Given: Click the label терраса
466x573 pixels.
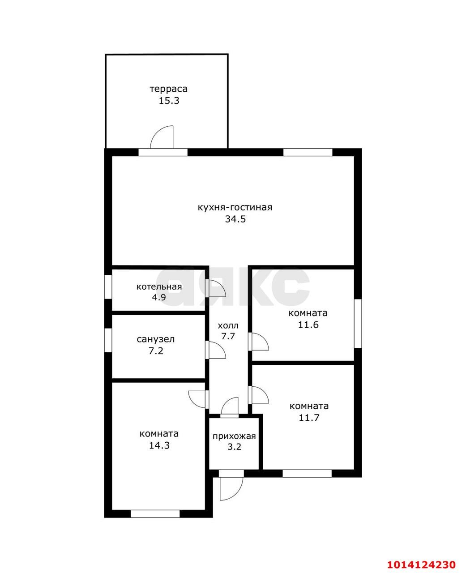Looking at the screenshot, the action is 168,89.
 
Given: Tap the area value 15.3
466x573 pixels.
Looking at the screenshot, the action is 169,101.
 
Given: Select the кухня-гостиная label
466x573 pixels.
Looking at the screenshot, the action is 235,207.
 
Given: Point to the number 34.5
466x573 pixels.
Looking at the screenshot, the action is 235,219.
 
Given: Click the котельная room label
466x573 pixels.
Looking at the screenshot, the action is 159,286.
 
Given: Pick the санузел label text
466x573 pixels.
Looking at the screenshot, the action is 155,339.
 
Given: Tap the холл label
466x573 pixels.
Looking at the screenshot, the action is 228,326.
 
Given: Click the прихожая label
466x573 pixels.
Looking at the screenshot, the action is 234,436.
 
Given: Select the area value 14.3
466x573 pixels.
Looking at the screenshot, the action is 159,445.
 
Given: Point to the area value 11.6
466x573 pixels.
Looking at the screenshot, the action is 308,325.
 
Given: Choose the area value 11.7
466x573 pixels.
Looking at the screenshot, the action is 309,418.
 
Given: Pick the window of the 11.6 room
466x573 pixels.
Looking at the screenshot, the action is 358,324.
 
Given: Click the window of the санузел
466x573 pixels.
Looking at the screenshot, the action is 108,340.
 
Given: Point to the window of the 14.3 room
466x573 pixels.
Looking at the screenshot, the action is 155,514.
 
